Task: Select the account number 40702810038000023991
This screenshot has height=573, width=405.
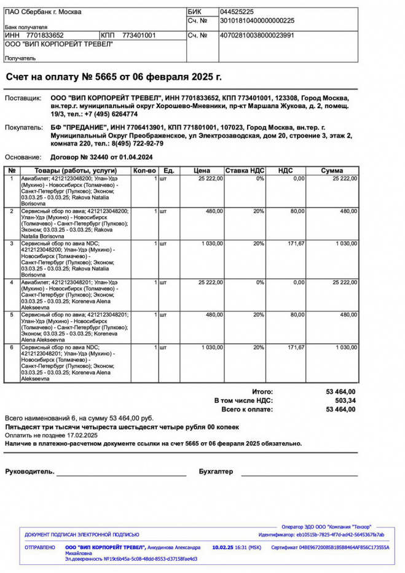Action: click(257, 36)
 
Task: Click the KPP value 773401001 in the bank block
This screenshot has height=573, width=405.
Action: click(139, 36)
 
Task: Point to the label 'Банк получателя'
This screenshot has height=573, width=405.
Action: click(26, 28)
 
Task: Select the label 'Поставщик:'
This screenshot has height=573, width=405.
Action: click(23, 98)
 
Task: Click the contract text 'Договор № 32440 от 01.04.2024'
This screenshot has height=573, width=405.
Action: click(102, 157)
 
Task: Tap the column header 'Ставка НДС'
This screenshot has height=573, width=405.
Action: click(245, 170)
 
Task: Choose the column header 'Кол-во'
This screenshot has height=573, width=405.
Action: click(144, 170)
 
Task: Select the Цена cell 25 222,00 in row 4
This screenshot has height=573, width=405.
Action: click(210, 283)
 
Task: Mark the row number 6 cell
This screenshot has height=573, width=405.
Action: click(12, 348)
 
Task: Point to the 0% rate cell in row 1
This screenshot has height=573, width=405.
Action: click(260, 179)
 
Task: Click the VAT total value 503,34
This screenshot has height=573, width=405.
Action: click(345, 400)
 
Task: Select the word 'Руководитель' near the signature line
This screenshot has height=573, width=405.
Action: click(29, 472)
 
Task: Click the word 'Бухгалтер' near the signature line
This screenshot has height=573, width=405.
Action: click(216, 472)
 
